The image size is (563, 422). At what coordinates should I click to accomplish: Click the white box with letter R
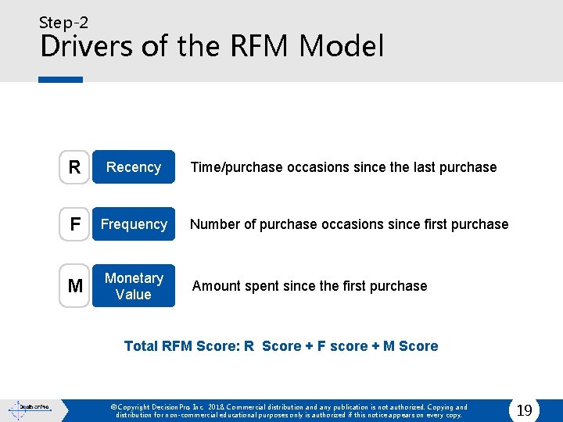tap(74, 167)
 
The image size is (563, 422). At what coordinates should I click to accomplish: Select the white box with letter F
tap(74, 224)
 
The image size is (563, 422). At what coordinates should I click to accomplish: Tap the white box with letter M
tap(74, 286)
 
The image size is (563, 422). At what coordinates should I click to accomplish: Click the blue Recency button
tap(134, 167)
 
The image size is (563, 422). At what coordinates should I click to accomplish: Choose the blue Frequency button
tap(134, 224)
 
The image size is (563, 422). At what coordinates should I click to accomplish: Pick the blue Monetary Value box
tap(134, 286)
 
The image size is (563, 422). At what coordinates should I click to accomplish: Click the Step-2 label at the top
tap(63, 23)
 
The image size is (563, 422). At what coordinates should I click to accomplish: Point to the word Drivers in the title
tap(86, 47)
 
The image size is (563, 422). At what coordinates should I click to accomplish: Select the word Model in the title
tap(341, 47)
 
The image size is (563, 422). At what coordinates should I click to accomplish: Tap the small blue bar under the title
tap(60, 80)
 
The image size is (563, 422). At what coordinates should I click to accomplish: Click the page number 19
tap(525, 409)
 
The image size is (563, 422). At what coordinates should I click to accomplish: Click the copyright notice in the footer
tap(289, 411)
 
